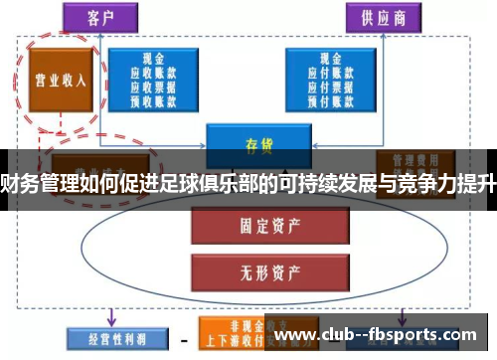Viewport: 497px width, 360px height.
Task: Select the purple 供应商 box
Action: pyautogui.click(x=384, y=17)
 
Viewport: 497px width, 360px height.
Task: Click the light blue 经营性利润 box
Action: pyautogui.click(x=105, y=337)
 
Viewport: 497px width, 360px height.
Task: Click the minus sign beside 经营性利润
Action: pyautogui.click(x=181, y=339)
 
